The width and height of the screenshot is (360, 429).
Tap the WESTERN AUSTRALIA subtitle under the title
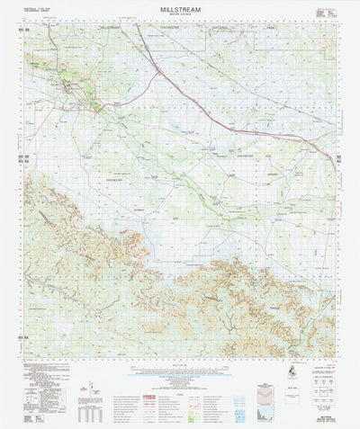pos(181,19)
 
